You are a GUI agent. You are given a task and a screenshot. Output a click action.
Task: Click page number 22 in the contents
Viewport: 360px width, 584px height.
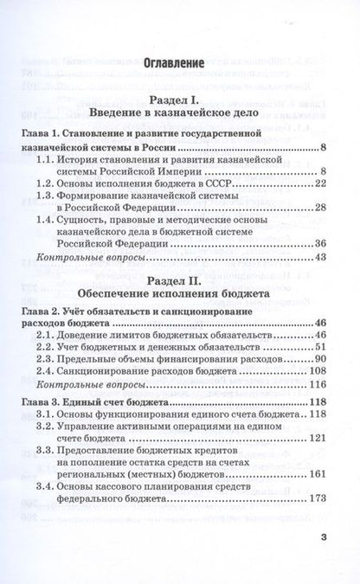point(317,183)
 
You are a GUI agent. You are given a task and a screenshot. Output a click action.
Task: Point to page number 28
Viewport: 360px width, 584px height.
point(317,208)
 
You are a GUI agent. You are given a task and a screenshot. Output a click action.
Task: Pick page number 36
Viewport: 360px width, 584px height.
point(317,245)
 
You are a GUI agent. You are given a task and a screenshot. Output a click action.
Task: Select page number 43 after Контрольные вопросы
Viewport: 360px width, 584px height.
point(317,258)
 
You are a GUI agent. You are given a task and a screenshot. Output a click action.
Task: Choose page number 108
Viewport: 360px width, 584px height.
point(313,372)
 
